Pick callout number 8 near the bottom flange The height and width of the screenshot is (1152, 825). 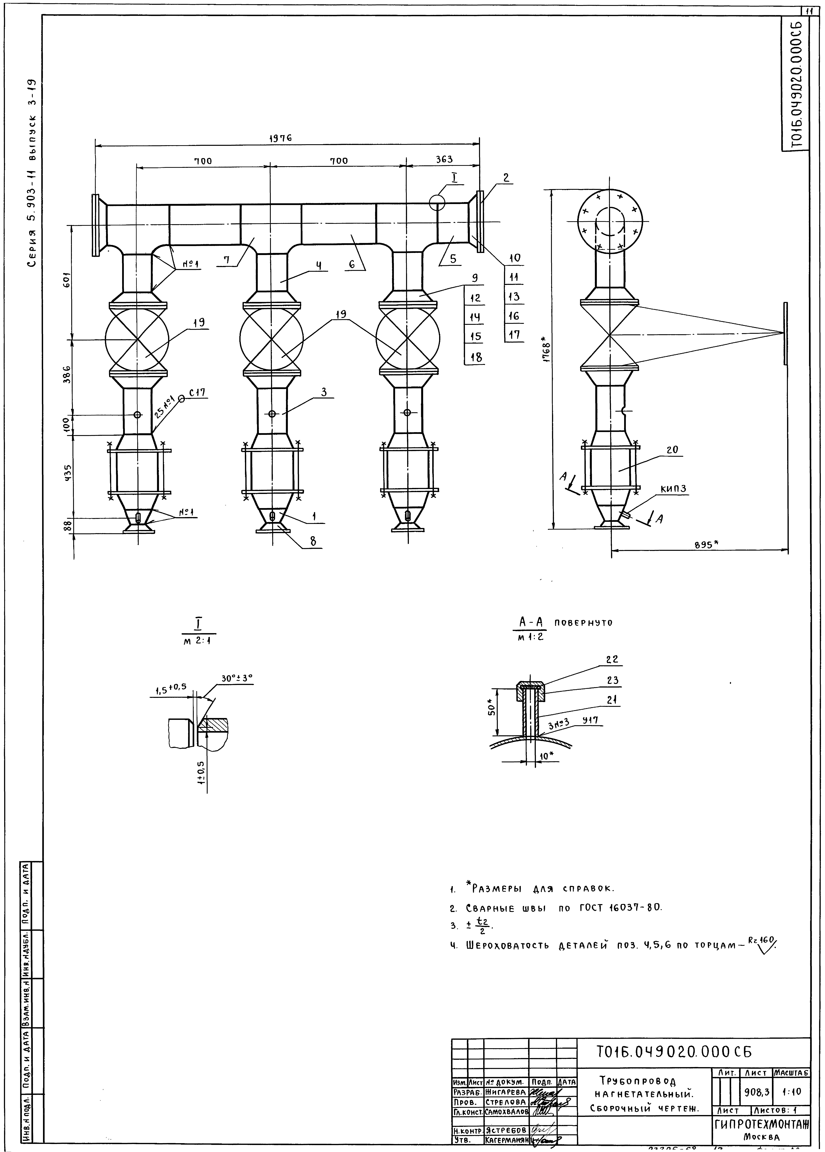click(x=313, y=541)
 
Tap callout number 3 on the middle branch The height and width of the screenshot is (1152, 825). click(x=324, y=392)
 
